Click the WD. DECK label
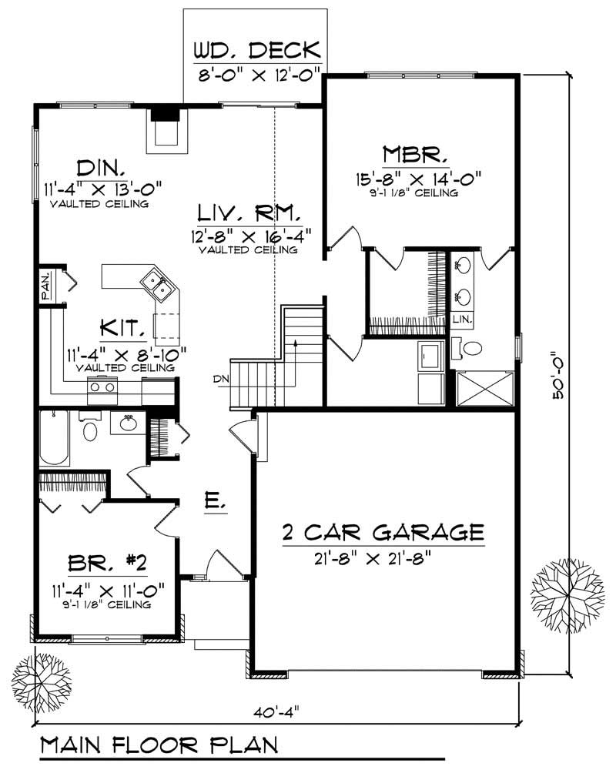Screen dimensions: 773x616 (x=256, y=51)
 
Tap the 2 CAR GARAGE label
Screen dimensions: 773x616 (x=382, y=531)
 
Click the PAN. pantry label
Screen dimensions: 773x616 (x=45, y=285)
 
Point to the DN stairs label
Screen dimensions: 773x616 (x=220, y=378)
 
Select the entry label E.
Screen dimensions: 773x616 (x=215, y=504)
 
